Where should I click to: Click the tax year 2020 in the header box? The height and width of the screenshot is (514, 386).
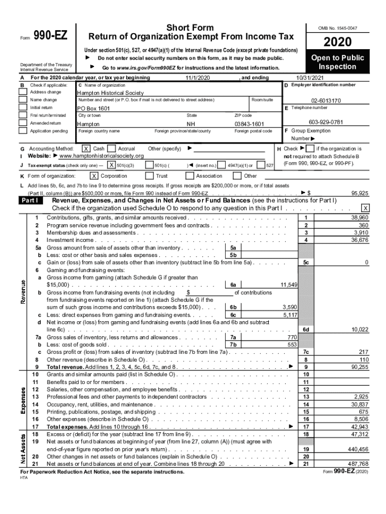point(337,43)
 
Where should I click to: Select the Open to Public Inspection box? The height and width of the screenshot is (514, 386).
point(337,62)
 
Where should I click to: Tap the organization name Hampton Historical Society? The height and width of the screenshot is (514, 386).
point(110,93)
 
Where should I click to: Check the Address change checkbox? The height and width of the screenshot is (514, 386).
point(23,92)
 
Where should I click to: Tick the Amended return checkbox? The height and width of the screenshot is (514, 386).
point(23,123)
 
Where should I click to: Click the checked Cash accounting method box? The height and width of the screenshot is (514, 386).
point(86,149)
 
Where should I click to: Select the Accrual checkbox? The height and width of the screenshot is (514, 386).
point(111,149)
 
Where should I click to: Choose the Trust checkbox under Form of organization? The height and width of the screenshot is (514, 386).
point(149,176)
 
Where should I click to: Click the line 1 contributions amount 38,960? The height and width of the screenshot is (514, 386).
point(360,218)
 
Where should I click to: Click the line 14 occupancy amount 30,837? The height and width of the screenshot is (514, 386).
point(360,404)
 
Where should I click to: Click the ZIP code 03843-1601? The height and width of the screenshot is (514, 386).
point(249,124)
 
